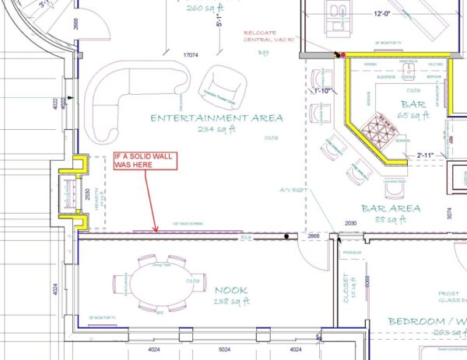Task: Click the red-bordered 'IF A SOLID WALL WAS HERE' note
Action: pos(146,161)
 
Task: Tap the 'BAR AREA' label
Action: pos(391,208)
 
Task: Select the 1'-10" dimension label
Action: pos(323,90)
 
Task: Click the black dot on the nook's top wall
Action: pos(286,235)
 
